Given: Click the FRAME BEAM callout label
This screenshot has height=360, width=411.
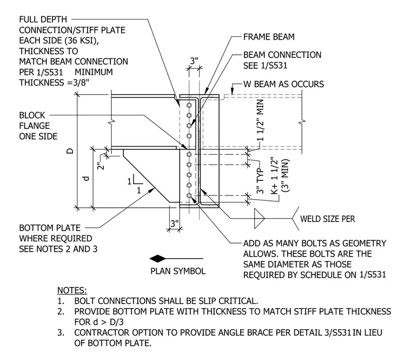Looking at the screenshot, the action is click(x=269, y=37).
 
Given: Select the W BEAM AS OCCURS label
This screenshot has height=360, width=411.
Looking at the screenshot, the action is click(x=283, y=84).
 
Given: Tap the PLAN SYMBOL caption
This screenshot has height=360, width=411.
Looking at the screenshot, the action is click(x=178, y=271).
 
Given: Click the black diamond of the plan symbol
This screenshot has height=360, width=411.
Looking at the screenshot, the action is click(x=157, y=259).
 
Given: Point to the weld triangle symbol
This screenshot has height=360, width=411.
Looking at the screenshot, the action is click(x=259, y=218).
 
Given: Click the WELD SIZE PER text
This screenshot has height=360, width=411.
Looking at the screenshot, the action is click(x=327, y=219).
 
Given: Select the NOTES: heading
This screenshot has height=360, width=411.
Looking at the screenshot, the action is click(x=72, y=291).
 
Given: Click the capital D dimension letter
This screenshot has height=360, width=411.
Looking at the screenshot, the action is click(x=70, y=151).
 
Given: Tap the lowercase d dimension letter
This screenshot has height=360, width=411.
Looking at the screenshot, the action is click(x=86, y=179).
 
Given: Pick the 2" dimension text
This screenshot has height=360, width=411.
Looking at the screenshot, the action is click(x=101, y=165).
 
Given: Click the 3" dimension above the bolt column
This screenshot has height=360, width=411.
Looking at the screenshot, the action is click(x=194, y=61).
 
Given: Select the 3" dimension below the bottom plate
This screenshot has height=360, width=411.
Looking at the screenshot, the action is click(x=175, y=224).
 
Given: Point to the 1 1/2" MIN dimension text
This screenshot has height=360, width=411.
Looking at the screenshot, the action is click(x=260, y=120).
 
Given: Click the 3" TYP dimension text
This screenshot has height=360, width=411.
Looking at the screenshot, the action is click(x=260, y=181).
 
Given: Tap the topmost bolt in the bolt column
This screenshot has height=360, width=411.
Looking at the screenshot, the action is click(x=189, y=105).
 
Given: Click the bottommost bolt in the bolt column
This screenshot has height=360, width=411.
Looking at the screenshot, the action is click(x=189, y=195).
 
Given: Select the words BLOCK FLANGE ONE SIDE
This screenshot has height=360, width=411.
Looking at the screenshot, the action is click(x=38, y=126).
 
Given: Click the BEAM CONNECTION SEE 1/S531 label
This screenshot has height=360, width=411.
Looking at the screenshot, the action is click(x=282, y=60).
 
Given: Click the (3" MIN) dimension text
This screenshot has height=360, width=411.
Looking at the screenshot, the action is click(x=286, y=175).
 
